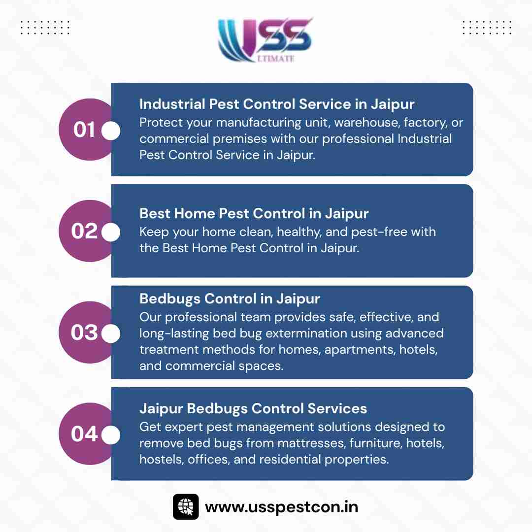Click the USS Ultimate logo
point(265,40)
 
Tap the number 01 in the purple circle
point(84,130)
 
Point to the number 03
point(84,332)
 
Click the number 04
point(84,433)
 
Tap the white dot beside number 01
point(111,131)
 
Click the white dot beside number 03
point(111,333)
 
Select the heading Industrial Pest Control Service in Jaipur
point(277,104)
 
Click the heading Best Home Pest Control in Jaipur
point(254,214)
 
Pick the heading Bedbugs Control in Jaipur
point(230,299)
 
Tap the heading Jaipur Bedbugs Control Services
point(253,408)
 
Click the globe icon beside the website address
point(186,507)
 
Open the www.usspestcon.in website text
point(281,507)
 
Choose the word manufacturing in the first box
point(259,123)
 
